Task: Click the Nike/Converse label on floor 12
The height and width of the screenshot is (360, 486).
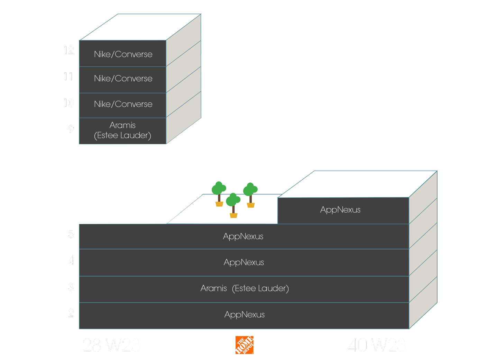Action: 123,54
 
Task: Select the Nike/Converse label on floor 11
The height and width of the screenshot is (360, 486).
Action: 123,79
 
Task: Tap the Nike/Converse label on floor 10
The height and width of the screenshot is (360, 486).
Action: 123,104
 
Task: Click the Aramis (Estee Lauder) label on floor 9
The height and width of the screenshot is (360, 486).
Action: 122,130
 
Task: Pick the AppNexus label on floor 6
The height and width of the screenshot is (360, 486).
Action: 340,210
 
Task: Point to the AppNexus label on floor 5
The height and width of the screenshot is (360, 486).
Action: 243,236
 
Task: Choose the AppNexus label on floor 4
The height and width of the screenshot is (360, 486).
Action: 244,262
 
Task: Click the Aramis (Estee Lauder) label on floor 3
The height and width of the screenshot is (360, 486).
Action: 245,288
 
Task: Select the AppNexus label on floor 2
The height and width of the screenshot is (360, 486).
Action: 245,315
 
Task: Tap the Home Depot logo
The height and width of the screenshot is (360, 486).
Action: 245,345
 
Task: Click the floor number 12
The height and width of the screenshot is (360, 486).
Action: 69,51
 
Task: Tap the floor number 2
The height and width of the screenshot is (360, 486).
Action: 71,313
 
